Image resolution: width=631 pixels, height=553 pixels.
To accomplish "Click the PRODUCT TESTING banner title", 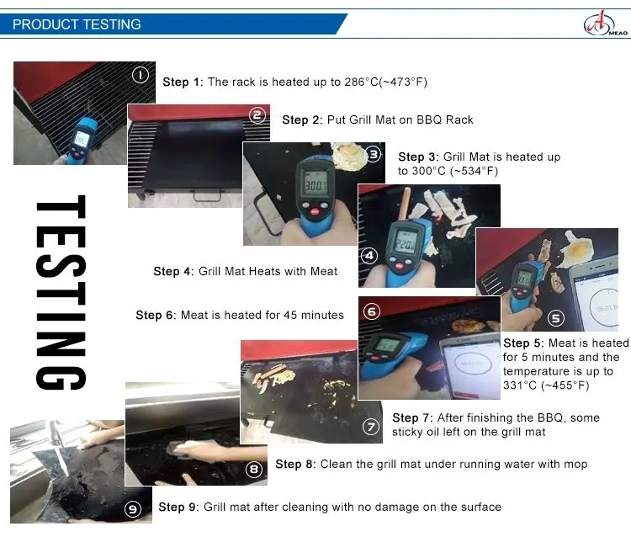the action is pos(77,24).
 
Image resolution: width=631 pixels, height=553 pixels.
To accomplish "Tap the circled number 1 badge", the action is pos(140,75).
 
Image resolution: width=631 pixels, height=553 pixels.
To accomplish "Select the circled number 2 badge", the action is pos(257,115).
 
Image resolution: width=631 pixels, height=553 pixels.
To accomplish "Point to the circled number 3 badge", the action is pos(373,154).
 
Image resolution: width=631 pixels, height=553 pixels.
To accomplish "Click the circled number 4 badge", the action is pos(369,256).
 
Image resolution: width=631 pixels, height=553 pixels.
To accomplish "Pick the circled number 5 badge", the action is pos(556,318).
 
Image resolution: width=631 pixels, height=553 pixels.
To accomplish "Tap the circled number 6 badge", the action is pos(372,311).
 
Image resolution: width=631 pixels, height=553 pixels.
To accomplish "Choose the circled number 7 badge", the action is pos(371,427).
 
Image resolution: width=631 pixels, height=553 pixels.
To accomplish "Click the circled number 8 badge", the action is pos(254,470).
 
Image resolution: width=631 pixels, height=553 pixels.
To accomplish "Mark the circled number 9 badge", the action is pos(133,509).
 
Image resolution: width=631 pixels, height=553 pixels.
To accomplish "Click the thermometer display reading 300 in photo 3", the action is pos(315,184).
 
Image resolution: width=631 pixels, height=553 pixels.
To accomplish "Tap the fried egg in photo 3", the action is pos(347,156).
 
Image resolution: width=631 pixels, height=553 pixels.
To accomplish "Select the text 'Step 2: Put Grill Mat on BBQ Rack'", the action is pos(378,120).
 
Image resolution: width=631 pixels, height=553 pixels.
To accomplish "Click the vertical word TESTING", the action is pos(61,292).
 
